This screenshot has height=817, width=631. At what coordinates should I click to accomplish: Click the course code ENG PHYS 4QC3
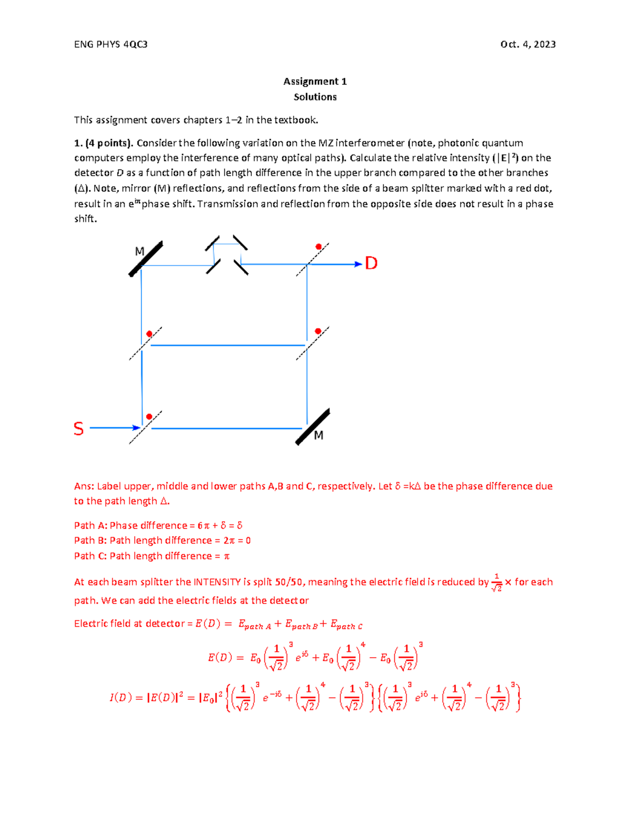point(110,44)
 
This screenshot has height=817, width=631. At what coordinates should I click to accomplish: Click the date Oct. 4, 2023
point(528,44)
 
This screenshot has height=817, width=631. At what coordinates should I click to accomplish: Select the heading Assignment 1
point(315,81)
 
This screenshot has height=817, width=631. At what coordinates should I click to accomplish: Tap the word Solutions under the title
point(315,97)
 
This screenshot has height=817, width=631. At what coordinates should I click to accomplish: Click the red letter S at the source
point(78,429)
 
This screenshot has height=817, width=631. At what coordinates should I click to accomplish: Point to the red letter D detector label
point(371,263)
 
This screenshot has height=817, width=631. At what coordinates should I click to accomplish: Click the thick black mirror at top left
point(146,259)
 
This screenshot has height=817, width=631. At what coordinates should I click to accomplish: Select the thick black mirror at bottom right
point(312,427)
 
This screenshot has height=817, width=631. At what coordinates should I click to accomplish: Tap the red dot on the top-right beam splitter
point(319,247)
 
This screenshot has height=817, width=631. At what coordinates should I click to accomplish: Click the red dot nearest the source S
point(149,417)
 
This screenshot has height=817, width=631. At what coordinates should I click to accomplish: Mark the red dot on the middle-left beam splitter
point(149,334)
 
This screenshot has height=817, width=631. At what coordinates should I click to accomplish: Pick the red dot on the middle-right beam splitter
point(318,331)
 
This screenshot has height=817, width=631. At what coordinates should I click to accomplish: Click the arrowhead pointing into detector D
point(359,264)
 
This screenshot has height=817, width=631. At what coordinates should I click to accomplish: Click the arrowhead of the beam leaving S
point(136,428)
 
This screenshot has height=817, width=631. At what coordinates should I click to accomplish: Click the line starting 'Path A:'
point(158,525)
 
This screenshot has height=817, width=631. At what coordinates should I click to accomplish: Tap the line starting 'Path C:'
point(151,556)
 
